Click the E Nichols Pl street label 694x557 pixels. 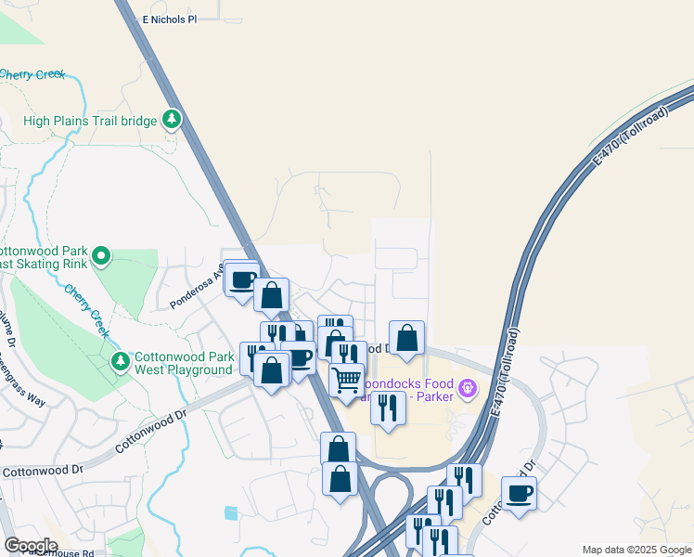tap(171, 19)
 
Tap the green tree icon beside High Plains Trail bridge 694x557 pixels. tap(171, 119)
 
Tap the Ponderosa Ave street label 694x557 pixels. tap(196, 290)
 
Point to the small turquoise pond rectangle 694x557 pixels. tap(231, 512)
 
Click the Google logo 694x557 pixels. tap(30, 546)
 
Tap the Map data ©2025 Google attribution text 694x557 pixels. tap(636, 550)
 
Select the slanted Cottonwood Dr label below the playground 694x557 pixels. tap(151, 433)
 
